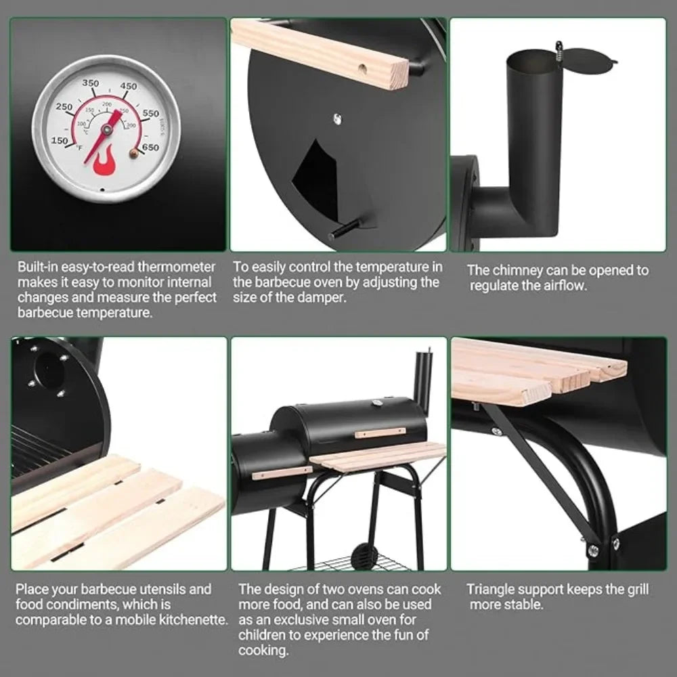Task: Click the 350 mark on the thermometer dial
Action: coord(91,83)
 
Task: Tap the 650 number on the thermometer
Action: coord(151,148)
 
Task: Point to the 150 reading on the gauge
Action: coord(60,141)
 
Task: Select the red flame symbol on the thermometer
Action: coord(103,162)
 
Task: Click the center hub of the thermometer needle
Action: coord(106,129)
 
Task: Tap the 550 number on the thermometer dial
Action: coord(151,113)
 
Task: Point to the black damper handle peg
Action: coord(344,230)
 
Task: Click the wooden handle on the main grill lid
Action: coord(380,433)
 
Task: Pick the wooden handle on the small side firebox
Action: coord(282,473)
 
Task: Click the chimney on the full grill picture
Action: coord(423,380)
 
